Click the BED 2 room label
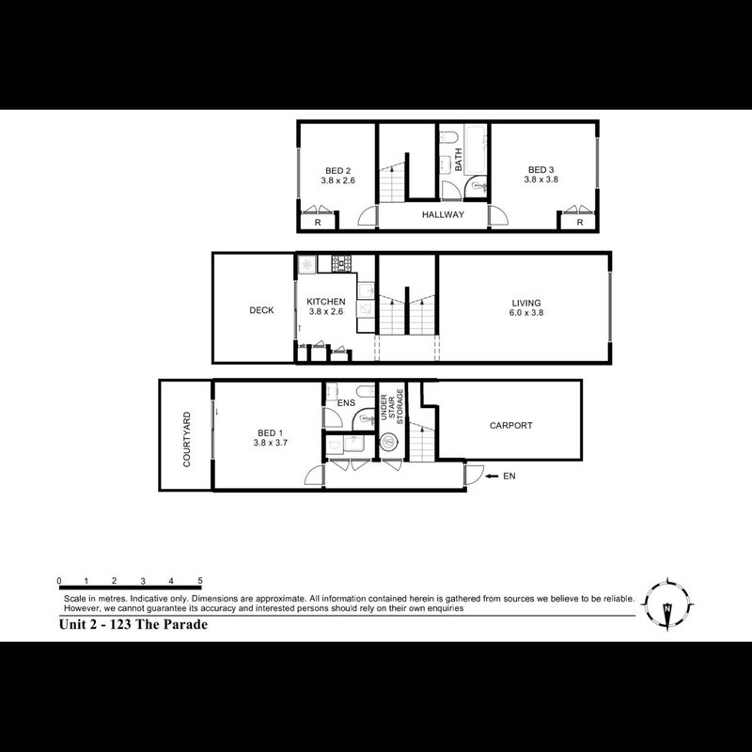(338, 171)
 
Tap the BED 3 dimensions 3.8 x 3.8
(541, 180)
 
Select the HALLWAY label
(443, 215)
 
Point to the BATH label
(459, 159)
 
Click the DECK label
(261, 310)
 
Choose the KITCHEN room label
(325, 302)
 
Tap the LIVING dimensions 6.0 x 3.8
(526, 313)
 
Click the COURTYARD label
(186, 439)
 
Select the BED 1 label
(270, 433)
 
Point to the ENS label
(346, 403)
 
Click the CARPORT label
(510, 426)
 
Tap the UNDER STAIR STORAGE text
(392, 407)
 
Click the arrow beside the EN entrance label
(492, 477)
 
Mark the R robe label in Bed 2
(318, 223)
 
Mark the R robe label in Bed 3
(580, 223)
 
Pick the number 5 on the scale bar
(200, 580)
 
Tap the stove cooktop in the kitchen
(341, 263)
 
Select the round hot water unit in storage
(389, 441)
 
